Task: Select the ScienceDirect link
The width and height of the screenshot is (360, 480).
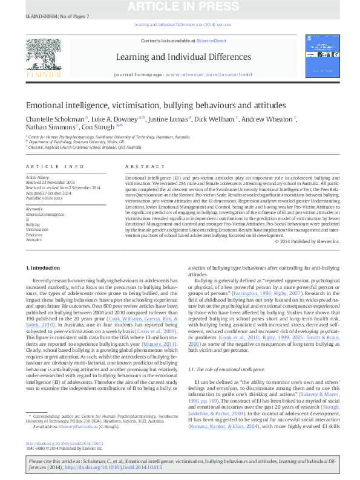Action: [212, 41]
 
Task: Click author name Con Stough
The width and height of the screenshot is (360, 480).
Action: [101, 128]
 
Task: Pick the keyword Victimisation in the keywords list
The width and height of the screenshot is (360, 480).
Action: [38, 230]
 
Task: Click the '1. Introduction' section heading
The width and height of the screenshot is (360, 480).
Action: [44, 267]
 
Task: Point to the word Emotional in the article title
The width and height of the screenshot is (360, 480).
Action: [47, 104]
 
